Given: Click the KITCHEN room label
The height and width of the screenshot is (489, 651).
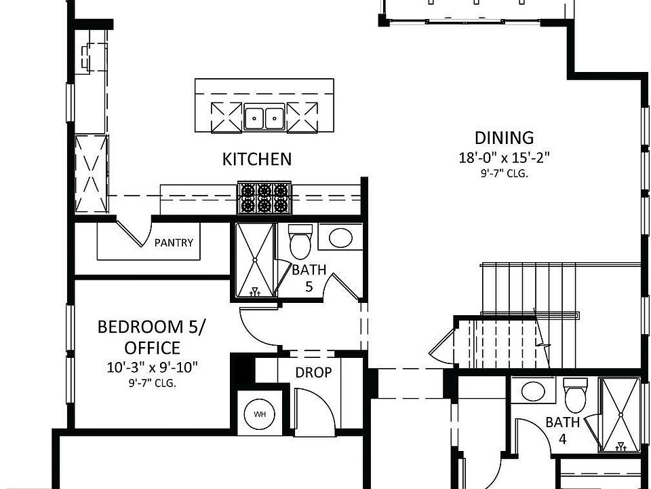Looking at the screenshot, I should tap(257, 159).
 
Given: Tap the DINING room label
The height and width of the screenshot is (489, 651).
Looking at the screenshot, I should tap(504, 138).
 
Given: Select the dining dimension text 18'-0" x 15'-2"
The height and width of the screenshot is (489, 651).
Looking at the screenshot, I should tap(504, 158).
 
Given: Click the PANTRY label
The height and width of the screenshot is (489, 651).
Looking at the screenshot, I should tap(174, 242).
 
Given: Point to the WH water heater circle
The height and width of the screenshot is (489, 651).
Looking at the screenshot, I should tap(260, 414).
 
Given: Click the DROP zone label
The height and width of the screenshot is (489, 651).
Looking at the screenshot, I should tap(313, 373).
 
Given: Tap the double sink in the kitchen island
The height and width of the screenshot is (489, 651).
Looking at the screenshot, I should tap(264, 117).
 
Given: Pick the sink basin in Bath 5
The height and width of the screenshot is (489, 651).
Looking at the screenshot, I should tap(340, 238).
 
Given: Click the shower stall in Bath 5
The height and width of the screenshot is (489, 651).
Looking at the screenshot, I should tap(255, 259).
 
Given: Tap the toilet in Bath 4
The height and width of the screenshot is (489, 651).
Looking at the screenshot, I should tap(576, 395).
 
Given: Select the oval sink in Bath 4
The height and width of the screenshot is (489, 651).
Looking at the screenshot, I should tap(533, 391).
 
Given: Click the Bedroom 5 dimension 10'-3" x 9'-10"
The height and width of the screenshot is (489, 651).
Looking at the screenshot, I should tap(153, 368).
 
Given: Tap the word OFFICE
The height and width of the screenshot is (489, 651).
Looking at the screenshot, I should tap(153, 348).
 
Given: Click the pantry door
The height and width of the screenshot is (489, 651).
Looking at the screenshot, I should tap(134, 232).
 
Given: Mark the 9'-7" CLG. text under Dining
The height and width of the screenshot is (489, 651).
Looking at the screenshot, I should tap(504, 174).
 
